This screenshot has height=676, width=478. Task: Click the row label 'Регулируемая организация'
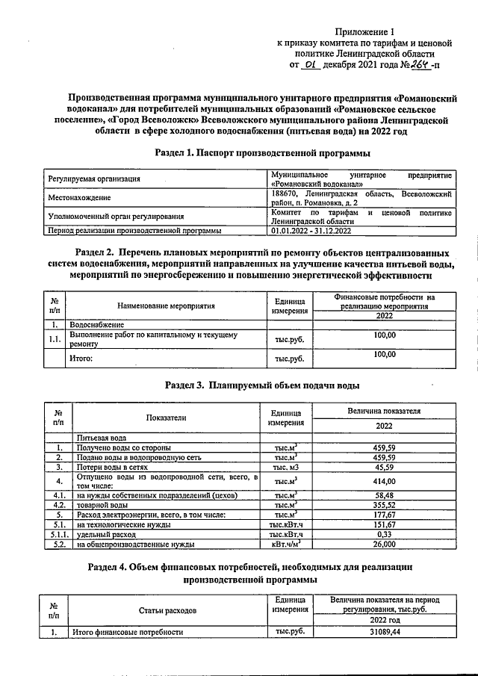[94, 179]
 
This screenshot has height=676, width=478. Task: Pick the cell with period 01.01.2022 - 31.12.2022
[309, 231]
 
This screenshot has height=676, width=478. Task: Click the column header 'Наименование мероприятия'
[167, 306]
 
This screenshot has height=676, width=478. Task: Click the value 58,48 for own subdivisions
[384, 494]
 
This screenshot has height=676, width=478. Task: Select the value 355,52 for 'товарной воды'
[384, 505]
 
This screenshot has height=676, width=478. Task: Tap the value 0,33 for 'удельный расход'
[384, 534]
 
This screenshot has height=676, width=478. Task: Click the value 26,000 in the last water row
[384, 545]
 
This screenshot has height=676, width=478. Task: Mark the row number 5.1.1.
[58, 534]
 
